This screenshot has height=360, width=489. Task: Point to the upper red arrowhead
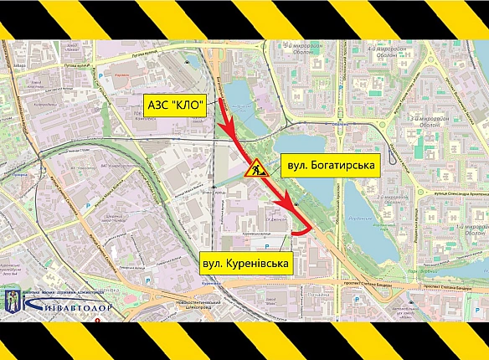tap(232, 134)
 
